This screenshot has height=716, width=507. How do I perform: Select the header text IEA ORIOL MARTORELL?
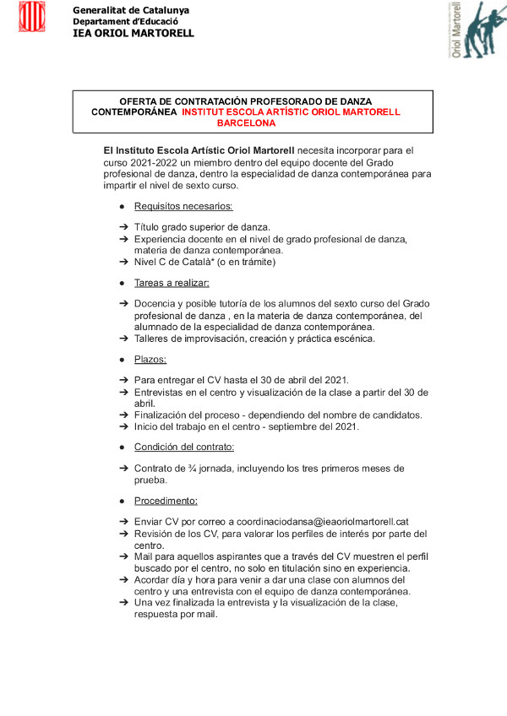[134, 34]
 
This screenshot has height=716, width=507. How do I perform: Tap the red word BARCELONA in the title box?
[246, 123]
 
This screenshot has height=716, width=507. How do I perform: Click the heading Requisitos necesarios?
[183, 206]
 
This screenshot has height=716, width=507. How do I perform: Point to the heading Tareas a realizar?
[172, 283]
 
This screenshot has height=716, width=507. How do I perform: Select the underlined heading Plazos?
[150, 360]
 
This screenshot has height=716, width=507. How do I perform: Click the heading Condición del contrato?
[184, 447]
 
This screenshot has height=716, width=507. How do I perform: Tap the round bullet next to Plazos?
[123, 361]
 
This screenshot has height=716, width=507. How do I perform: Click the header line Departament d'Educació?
[124, 21]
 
